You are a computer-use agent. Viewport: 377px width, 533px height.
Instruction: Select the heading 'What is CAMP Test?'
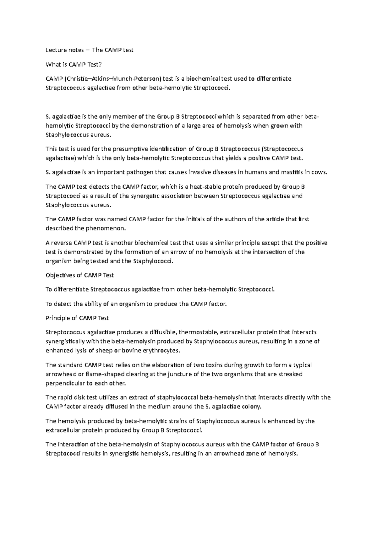[74, 64]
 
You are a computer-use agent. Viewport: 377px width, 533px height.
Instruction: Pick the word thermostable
[198, 332]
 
